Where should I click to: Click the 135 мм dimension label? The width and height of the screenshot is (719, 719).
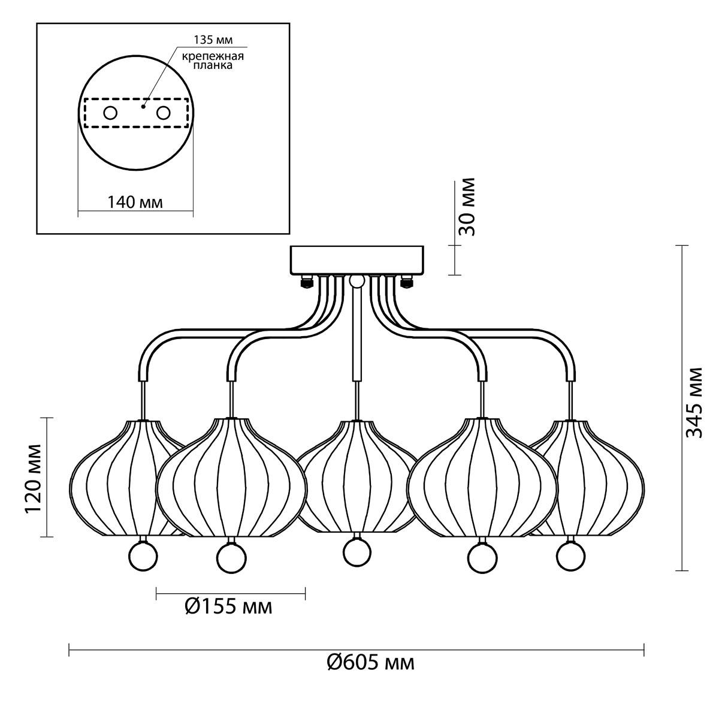(213, 40)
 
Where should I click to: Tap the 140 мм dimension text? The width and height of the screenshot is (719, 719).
(135, 203)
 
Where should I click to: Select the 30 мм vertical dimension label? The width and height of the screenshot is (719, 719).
(467, 207)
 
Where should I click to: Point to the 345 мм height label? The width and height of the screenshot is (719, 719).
(694, 403)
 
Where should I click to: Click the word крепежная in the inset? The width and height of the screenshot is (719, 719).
(213, 56)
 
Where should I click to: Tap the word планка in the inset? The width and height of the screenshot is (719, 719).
(213, 65)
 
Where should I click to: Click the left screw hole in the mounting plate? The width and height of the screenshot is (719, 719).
(110, 113)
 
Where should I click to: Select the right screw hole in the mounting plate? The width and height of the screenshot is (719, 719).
(164, 113)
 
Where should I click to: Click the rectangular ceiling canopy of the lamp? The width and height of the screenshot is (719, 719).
(357, 260)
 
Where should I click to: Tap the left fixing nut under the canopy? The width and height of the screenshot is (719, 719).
(306, 282)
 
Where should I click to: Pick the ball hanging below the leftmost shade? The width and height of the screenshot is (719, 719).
(143, 556)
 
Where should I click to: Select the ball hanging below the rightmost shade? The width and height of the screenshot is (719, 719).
(570, 556)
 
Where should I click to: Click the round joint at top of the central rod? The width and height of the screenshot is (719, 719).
(357, 282)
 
